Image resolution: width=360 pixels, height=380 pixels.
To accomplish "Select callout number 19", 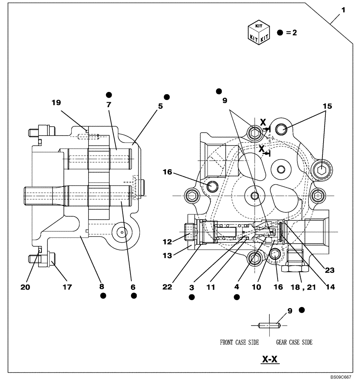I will click(x=57, y=103).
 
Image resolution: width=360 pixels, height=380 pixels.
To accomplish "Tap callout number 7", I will click(x=109, y=103).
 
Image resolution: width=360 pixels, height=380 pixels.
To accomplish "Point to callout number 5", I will click(x=161, y=106).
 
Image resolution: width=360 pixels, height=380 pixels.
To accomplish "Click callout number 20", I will click(x=25, y=287).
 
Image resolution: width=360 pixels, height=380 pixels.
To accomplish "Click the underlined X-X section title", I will click(x=270, y=359).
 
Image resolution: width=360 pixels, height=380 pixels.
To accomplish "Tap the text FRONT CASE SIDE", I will click(x=239, y=342).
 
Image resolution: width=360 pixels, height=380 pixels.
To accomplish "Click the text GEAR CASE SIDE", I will click(x=294, y=342).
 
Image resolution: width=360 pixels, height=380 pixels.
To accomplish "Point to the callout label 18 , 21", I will click(x=301, y=287).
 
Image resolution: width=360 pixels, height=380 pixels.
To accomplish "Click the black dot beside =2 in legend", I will click(x=280, y=33).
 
